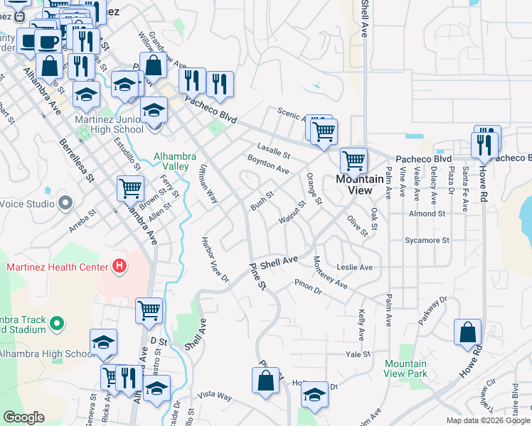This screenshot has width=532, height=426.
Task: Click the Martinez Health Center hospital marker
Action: coord(119,267)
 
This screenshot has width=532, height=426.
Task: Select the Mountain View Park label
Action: coord(405,368)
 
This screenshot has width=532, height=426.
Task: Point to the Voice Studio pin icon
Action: coord(65,203)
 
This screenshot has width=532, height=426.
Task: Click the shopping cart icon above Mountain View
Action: coord(353,160)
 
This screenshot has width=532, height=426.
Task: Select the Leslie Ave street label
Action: coord(356,268)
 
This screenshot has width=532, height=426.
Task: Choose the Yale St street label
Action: coord(358,354)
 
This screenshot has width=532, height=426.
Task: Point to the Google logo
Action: coord(23,417)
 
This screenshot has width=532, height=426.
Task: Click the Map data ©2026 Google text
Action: coord(487,420)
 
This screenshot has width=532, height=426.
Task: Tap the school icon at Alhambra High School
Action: coord(103,343)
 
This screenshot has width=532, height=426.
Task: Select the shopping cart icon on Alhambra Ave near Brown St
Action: coord(130,190)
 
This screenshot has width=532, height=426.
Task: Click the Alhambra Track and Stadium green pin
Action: coord(57,324)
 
